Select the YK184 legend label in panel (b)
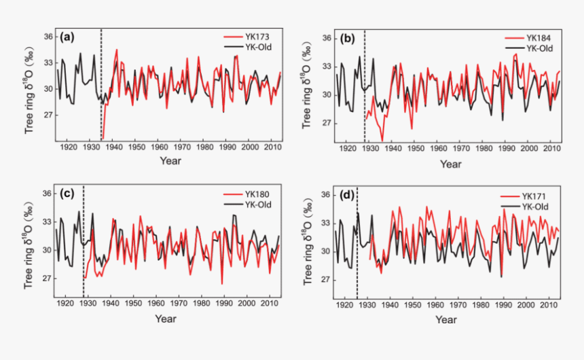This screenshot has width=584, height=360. click(536, 39)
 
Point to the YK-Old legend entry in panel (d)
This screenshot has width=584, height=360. click(537, 206)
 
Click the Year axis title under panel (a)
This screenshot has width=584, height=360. click(170, 160)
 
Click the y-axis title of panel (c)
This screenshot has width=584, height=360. click(30, 242)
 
